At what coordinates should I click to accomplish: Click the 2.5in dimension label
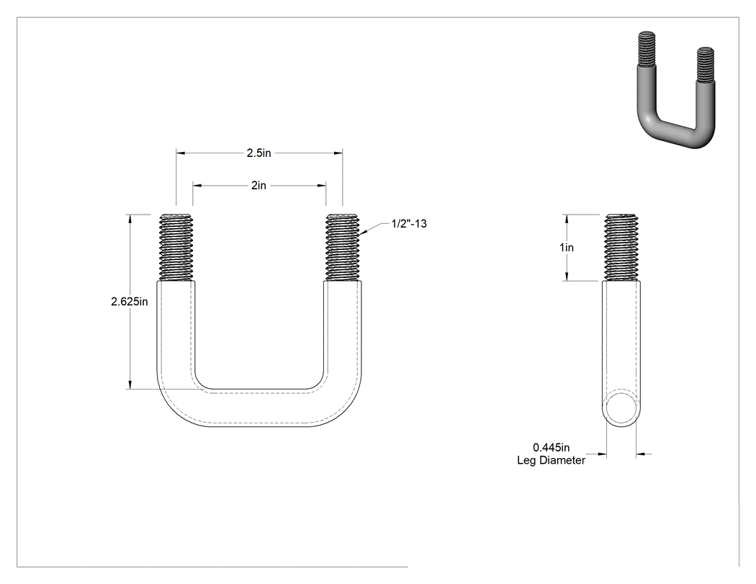(259, 153)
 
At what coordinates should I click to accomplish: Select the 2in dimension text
(258, 185)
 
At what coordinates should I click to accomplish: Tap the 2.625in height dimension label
(129, 302)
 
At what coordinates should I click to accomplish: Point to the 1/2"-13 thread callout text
(409, 223)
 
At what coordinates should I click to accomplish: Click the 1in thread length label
(567, 248)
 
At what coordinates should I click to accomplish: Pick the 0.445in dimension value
(551, 447)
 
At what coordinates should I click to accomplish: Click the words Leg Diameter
(551, 460)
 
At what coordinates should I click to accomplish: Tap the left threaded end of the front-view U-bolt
(176, 247)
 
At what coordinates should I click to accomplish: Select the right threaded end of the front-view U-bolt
(342, 247)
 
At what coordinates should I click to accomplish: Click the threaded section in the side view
(621, 247)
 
